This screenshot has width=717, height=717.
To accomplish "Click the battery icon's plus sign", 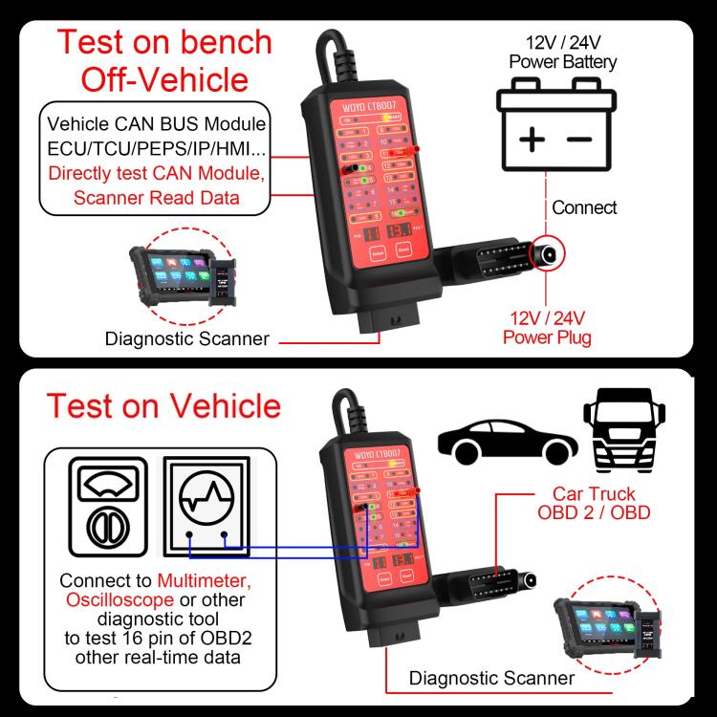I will pyautogui.click(x=532, y=140).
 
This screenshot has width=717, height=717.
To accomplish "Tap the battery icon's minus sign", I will pyautogui.click(x=579, y=140).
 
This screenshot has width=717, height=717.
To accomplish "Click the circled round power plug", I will pyautogui.click(x=549, y=253).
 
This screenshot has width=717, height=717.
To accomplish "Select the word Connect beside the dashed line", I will pyautogui.click(x=584, y=207).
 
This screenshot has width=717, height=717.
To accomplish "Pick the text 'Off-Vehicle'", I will pyautogui.click(x=163, y=79).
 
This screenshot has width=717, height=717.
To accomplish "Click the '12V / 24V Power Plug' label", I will pyautogui.click(x=547, y=327).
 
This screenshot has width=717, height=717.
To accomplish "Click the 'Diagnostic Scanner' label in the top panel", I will pyautogui.click(x=187, y=337).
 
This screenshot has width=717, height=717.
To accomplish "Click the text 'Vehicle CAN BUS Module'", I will pyautogui.click(x=157, y=125).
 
